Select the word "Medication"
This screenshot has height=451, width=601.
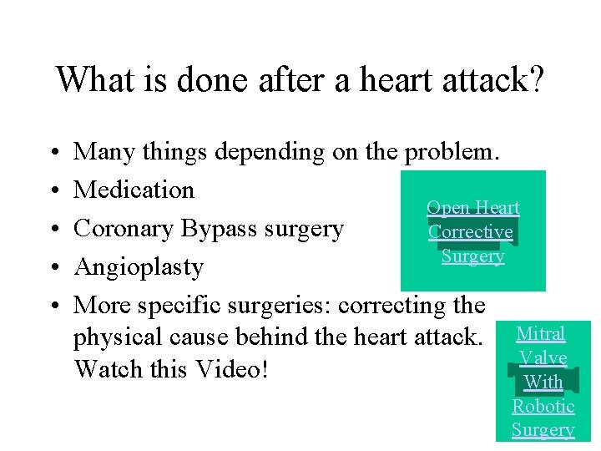click(x=134, y=190)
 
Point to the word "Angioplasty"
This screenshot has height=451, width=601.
click(x=139, y=267)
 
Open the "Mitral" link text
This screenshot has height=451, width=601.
click(x=541, y=333)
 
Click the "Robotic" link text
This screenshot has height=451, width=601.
click(x=543, y=406)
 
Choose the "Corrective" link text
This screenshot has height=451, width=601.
click(x=471, y=231)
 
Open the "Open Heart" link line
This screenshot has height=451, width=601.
click(x=472, y=207)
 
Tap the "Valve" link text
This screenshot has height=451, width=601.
click(x=543, y=357)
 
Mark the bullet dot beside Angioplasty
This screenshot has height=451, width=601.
click(x=53, y=268)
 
